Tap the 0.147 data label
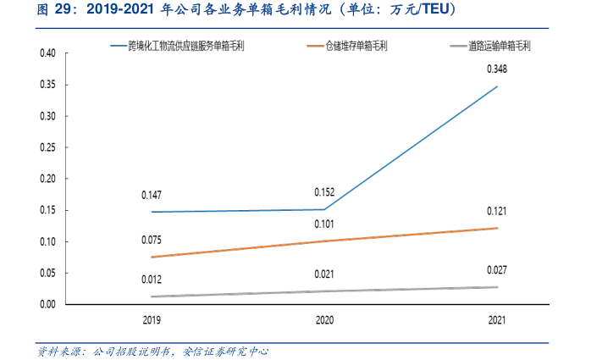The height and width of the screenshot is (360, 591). click(152, 195)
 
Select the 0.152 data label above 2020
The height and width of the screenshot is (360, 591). click(325, 192)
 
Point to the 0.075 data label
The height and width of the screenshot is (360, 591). click(152, 240)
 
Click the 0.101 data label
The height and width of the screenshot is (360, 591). click(325, 224)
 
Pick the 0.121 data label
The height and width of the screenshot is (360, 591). click(497, 211)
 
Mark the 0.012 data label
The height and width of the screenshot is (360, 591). click(152, 280)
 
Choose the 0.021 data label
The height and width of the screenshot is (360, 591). click(325, 274)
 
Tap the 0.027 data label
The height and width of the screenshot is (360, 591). click(497, 269)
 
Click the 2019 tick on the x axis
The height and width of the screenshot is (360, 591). click(152, 320)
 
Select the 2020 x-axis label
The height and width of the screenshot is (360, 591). click(325, 320)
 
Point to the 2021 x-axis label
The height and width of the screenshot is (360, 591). click(497, 320)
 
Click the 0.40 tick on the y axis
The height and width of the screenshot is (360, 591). click(48, 53)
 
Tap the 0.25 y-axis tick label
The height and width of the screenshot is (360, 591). click(48, 147)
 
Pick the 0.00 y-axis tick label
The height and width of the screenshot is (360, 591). click(48, 304)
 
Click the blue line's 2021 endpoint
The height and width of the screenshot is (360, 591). click(497, 86)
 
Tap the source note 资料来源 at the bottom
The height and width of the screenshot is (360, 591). click(152, 350)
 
